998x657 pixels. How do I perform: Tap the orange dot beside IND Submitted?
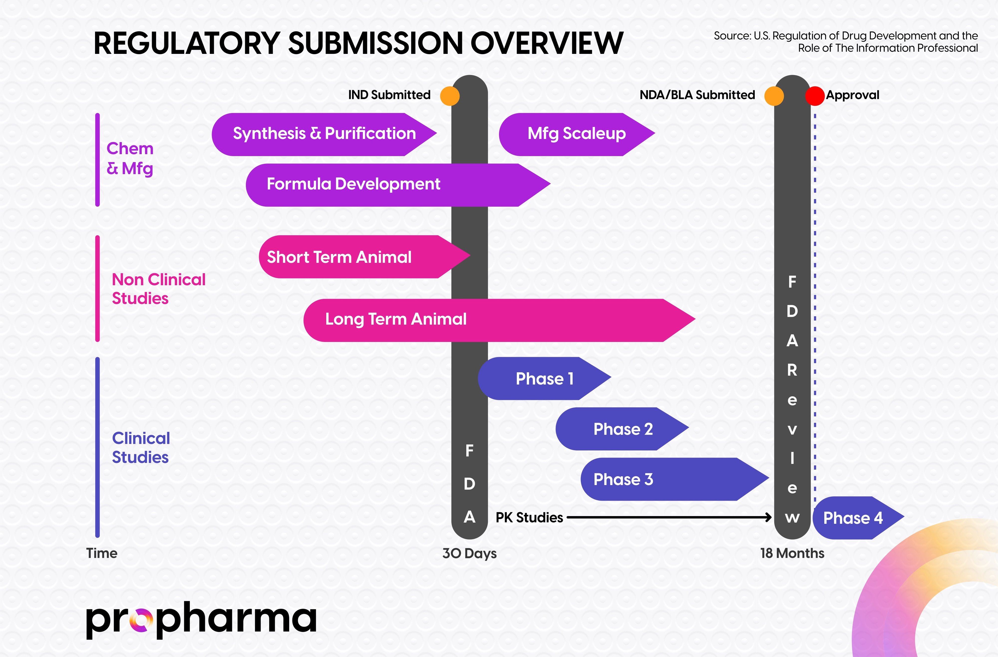(450, 96)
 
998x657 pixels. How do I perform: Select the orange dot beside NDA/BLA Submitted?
(774, 96)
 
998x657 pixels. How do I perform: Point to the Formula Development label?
(354, 184)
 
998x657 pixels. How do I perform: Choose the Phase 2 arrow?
(623, 429)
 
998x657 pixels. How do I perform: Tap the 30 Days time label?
(469, 553)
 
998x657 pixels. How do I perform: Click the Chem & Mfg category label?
(130, 158)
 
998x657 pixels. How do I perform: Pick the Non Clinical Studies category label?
(158, 289)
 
